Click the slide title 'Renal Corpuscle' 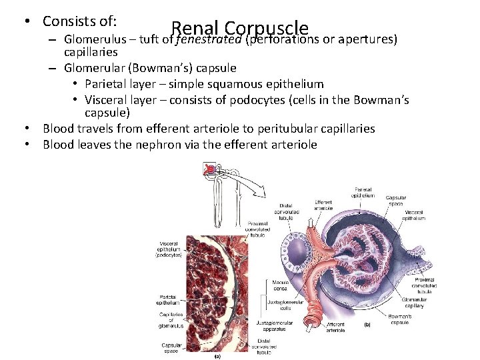[x=240, y=28]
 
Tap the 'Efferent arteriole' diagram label [x=323, y=205]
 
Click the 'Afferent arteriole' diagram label [x=335, y=327]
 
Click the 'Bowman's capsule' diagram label [x=399, y=319]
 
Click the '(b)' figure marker [x=367, y=325]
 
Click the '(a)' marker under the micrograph [x=217, y=356]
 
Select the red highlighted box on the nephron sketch [x=211, y=170]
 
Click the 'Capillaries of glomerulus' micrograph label [x=171, y=320]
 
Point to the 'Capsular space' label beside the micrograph [x=172, y=348]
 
